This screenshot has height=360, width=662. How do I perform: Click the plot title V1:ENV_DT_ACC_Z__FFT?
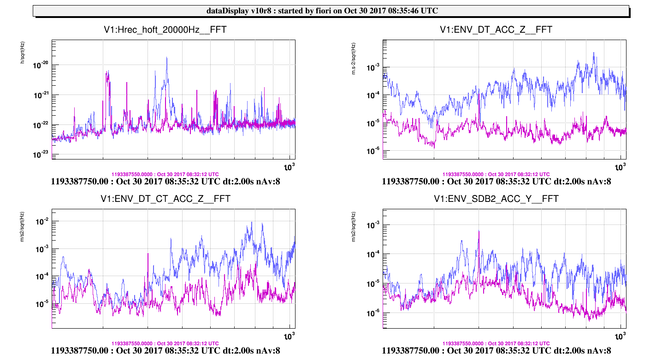coord(496,30)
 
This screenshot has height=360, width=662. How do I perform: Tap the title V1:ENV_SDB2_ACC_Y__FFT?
coord(496,199)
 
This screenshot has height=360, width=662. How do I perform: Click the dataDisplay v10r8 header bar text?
coord(331,11)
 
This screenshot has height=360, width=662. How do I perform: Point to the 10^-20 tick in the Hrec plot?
coord(41,65)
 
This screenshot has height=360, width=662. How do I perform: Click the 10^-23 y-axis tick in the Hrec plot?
coord(41,155)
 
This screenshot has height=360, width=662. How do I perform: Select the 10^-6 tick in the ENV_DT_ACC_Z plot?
coord(373,151)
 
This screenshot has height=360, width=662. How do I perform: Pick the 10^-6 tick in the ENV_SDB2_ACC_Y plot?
coord(373,313)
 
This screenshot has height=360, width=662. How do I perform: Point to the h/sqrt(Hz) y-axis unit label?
coord(22,52)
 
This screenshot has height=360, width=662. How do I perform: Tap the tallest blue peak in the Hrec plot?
coord(167,58)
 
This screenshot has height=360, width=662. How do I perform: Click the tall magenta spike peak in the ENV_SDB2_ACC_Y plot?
coord(479,231)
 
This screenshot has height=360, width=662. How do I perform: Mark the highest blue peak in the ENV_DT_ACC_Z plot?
coord(595,53)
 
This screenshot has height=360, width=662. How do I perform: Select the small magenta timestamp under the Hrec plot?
coord(165,174)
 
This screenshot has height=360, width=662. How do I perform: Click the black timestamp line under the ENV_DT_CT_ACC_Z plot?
coord(165,351)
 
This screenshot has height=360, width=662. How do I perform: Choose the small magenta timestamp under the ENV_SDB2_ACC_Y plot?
coord(496,343)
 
